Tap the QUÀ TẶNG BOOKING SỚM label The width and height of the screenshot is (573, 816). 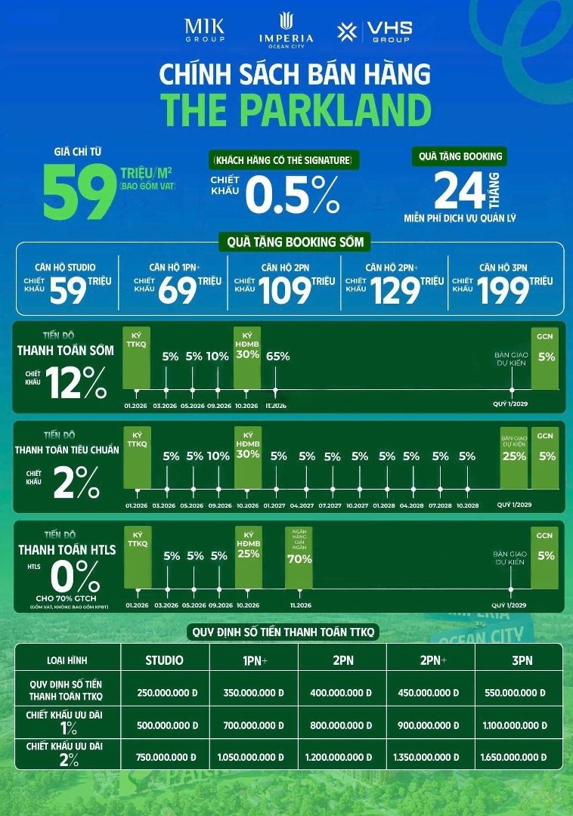(x=295, y=242)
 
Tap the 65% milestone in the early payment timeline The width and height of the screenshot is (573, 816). (x=278, y=356)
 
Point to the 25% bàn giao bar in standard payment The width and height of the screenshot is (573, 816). (x=514, y=456)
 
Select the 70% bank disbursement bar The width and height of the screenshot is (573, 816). (x=299, y=560)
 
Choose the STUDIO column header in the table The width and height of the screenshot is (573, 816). (x=164, y=660)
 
